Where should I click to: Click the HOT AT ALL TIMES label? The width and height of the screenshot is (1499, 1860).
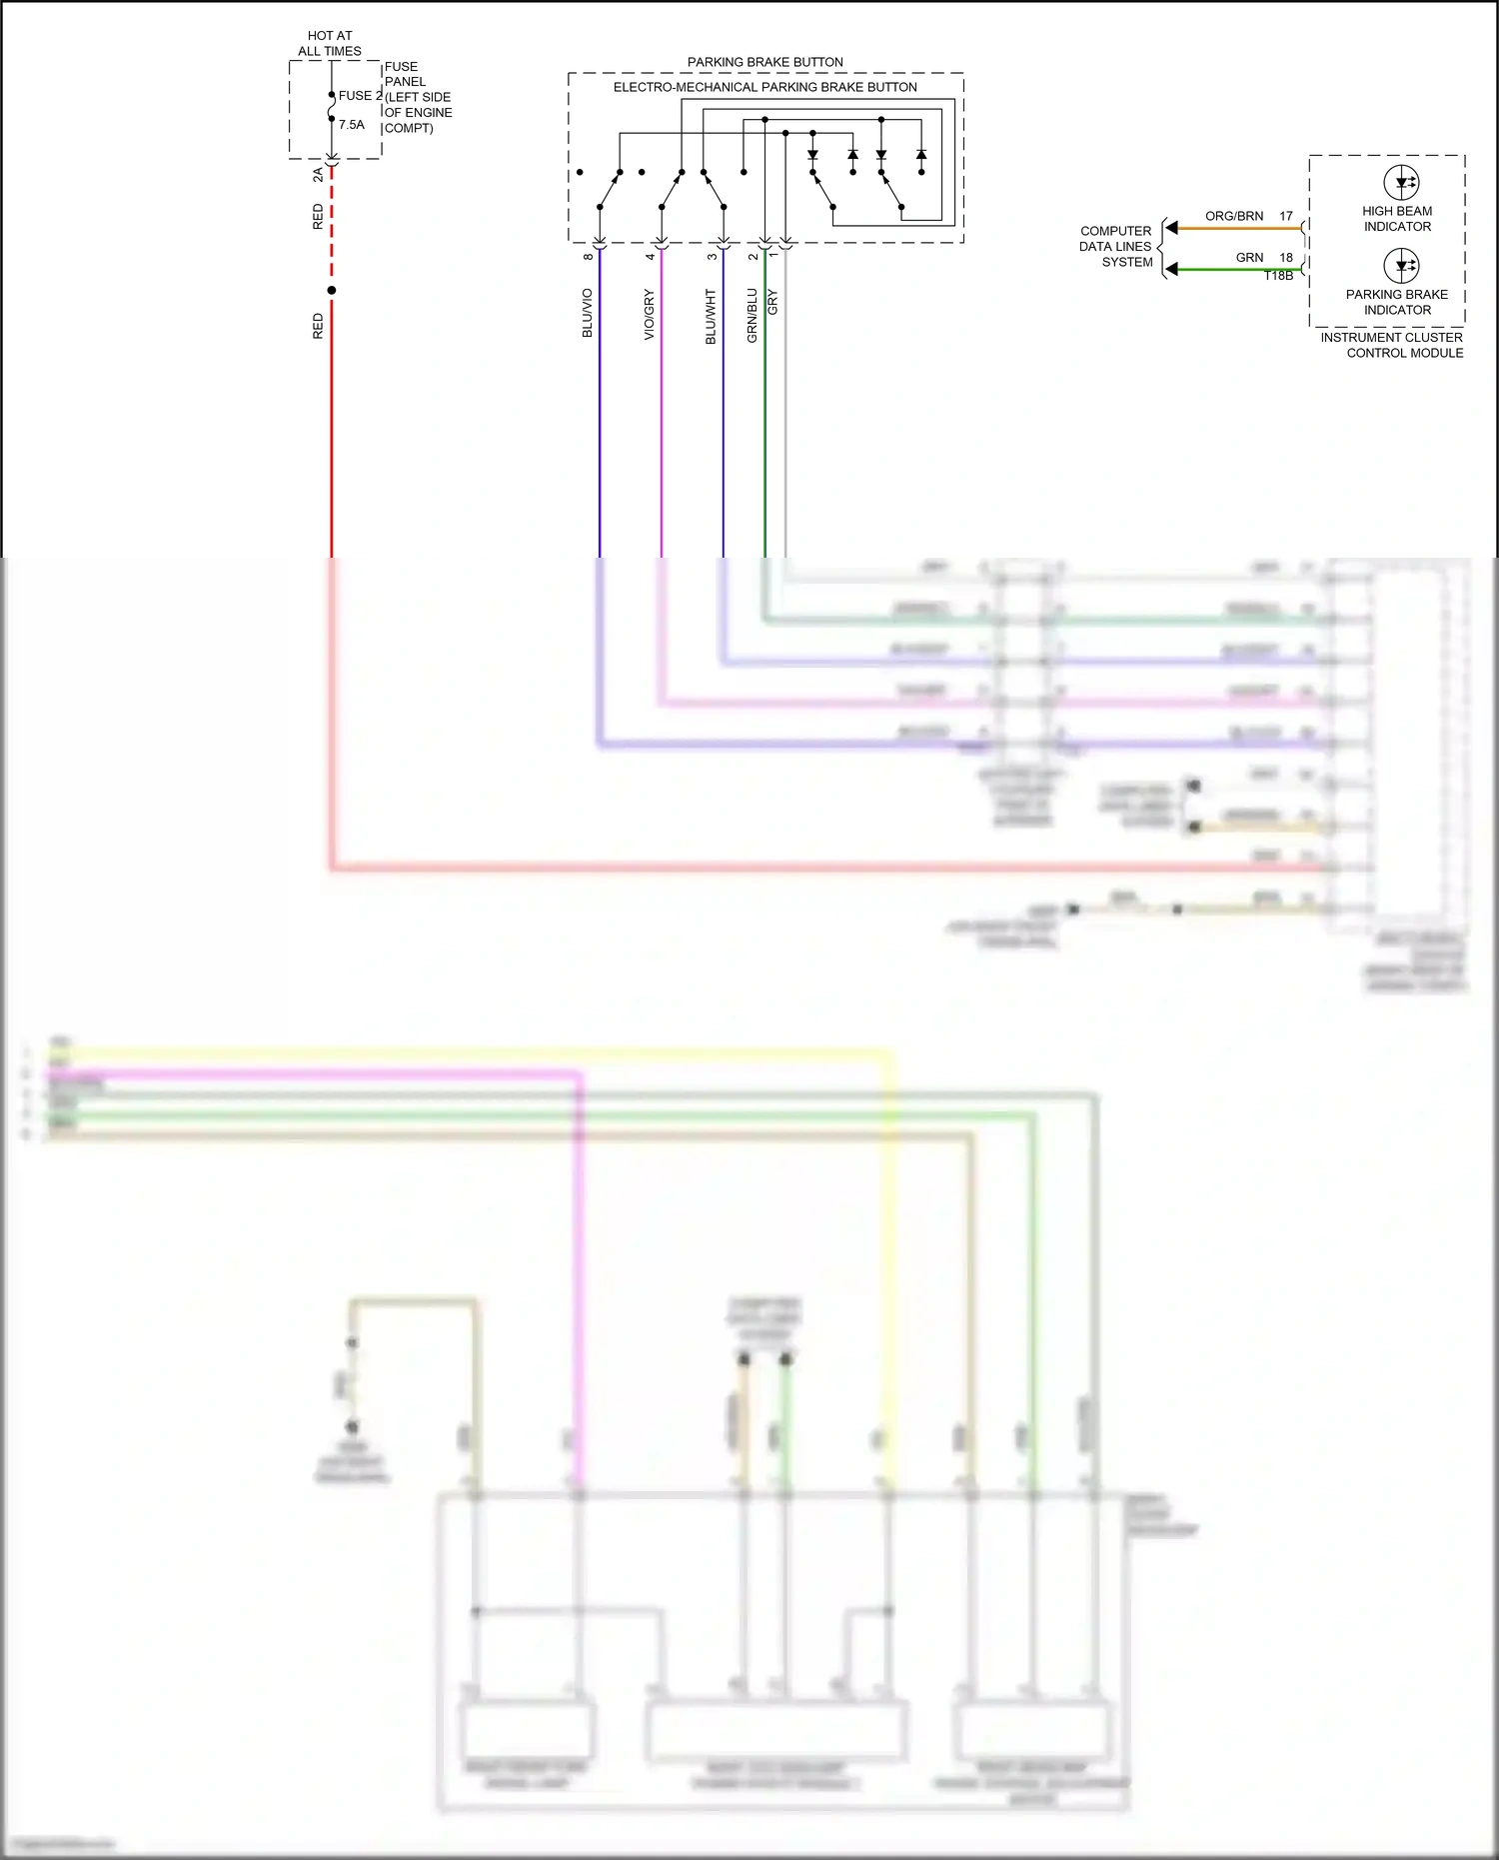click(330, 43)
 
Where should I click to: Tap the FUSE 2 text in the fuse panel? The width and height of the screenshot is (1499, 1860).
click(360, 96)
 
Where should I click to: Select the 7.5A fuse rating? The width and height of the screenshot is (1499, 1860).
click(352, 125)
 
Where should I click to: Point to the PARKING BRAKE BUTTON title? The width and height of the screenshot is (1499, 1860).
click(764, 62)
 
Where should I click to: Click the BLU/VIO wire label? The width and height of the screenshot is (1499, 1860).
click(588, 313)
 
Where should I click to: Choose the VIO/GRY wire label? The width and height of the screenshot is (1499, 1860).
click(650, 314)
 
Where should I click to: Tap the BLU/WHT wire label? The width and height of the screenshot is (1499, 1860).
click(712, 317)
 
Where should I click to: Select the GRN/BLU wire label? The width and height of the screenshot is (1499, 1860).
click(752, 316)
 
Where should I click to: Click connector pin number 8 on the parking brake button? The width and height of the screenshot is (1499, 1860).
click(589, 257)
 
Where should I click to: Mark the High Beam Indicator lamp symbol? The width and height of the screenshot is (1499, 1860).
click(1401, 183)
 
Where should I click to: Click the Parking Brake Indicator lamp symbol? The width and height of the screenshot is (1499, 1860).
click(1401, 266)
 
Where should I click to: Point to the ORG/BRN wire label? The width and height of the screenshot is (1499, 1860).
click(1233, 216)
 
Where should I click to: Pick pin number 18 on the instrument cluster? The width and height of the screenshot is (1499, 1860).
click(1286, 258)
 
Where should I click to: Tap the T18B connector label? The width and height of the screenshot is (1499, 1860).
click(1278, 276)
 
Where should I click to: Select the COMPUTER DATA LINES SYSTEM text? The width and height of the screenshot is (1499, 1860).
click(1115, 247)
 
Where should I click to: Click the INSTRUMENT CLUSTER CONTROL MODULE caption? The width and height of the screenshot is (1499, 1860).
click(1391, 345)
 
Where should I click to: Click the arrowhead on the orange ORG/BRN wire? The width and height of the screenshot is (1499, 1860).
click(1172, 229)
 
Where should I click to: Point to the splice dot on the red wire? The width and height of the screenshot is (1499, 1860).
click(332, 291)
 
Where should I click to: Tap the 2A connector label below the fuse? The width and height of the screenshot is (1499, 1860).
click(318, 174)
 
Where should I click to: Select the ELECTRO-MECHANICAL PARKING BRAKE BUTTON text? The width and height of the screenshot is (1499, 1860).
click(764, 88)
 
